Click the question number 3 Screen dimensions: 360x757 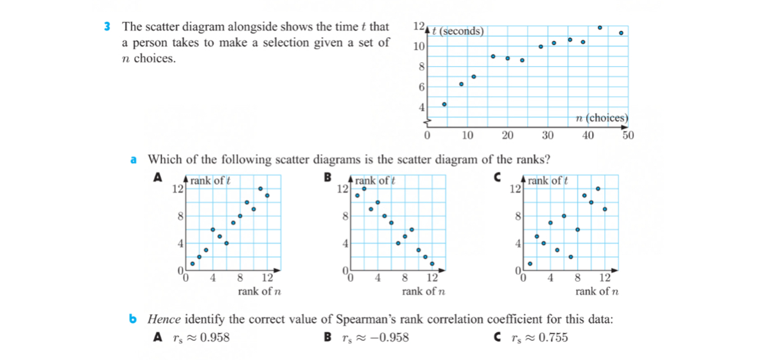[107, 27]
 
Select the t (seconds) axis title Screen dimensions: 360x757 [458, 31]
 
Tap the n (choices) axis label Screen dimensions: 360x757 [602, 117]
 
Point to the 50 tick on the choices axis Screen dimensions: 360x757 [627, 135]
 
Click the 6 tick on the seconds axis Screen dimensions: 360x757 [421, 87]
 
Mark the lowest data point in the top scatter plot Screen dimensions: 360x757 [444, 104]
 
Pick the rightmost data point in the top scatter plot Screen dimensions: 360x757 [621, 33]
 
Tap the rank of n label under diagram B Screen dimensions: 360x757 [424, 291]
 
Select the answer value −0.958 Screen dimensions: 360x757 [384, 338]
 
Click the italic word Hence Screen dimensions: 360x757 [162, 319]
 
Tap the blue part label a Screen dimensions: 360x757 [134, 160]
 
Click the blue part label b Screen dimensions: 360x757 [133, 319]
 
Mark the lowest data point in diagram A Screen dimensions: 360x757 [192, 264]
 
